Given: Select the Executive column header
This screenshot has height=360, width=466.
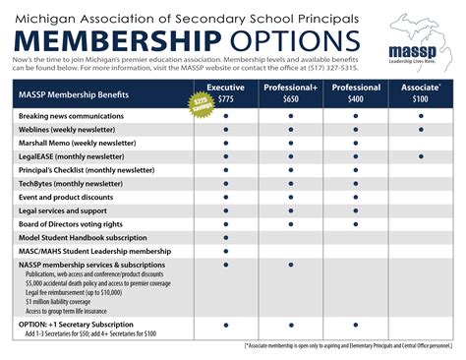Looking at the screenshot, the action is click(x=227, y=89).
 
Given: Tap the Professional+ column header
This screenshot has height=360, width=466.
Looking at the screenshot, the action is click(x=291, y=89).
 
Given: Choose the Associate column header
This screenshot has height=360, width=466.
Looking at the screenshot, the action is click(x=421, y=89).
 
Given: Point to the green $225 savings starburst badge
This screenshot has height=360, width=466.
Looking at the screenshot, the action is click(x=203, y=104).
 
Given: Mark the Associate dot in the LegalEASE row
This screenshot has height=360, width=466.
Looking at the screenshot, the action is click(x=421, y=156).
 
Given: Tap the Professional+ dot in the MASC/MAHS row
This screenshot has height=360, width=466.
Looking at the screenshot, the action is click(x=291, y=252).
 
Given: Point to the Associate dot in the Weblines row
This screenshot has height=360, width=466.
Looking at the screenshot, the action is click(x=421, y=129).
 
